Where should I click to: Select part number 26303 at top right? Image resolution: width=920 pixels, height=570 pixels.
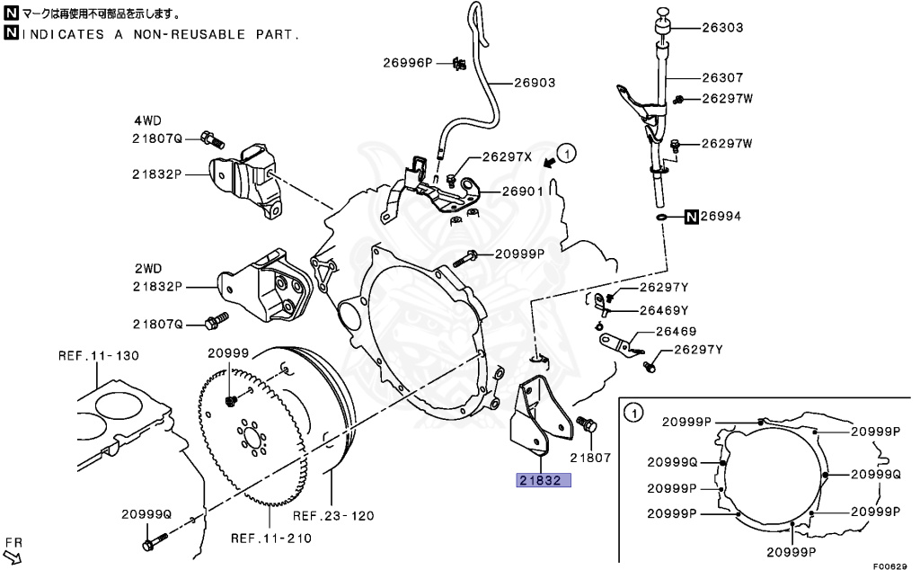[721, 28]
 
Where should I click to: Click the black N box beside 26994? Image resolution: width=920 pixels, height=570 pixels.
[691, 217]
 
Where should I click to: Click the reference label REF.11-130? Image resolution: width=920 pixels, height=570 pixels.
[99, 355]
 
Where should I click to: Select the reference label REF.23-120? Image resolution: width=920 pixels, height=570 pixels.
[333, 516]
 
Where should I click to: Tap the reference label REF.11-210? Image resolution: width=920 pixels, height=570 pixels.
[270, 539]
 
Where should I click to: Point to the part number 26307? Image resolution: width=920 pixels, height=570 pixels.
[721, 78]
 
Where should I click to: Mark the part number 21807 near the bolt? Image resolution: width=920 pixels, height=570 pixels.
[589, 458]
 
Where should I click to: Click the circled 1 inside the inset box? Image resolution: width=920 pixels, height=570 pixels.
[632, 414]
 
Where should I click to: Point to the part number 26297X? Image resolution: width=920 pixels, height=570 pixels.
[507, 156]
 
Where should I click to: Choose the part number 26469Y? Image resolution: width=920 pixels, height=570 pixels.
[663, 310]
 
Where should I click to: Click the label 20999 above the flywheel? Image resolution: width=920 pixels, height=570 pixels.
[228, 353]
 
